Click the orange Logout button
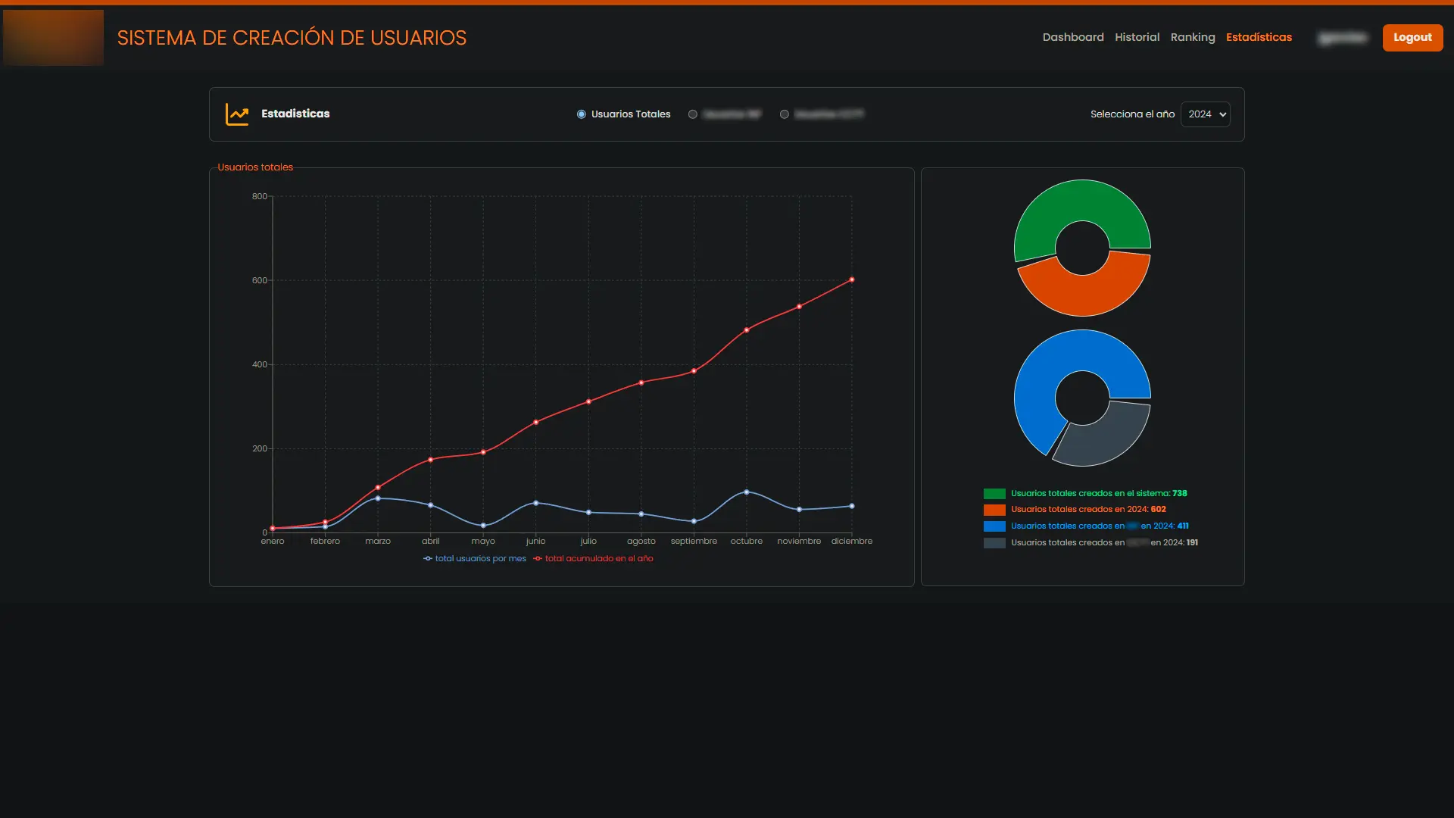(1412, 37)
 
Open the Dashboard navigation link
(1072, 37)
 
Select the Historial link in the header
(1137, 37)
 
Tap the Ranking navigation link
(1192, 37)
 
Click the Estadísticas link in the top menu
(1259, 37)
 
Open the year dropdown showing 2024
(1205, 114)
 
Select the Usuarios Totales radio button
(582, 114)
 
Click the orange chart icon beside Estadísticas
(237, 114)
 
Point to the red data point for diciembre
(852, 280)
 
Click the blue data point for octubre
(747, 492)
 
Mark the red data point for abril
(431, 460)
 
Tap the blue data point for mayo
(483, 526)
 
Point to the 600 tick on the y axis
(260, 280)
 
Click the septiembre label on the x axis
(694, 541)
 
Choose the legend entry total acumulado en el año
(598, 559)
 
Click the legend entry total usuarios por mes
(480, 559)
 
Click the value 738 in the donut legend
(1179, 494)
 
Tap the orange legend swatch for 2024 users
(994, 510)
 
